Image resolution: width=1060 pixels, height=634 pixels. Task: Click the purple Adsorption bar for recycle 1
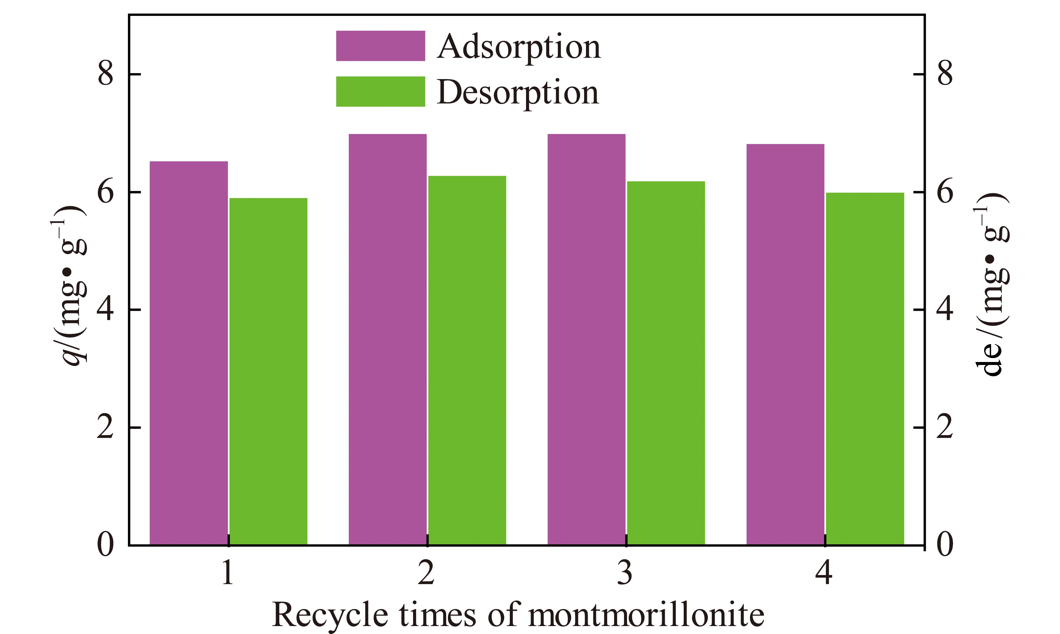click(x=188, y=353)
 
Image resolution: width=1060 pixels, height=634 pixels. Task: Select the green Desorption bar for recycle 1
click(x=268, y=371)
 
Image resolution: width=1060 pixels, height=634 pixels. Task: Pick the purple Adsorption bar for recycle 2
click(x=388, y=339)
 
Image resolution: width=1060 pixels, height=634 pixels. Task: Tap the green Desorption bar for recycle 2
click(x=467, y=360)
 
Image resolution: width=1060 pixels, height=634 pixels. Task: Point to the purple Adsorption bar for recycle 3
click(x=586, y=339)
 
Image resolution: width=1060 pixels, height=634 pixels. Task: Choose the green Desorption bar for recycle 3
click(x=666, y=363)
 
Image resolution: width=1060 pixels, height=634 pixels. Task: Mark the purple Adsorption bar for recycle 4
click(x=785, y=344)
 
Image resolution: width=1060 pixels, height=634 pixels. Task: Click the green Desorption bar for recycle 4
click(x=865, y=368)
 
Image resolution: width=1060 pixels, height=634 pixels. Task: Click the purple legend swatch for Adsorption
click(x=380, y=46)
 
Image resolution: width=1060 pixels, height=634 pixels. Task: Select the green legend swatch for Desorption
click(x=380, y=91)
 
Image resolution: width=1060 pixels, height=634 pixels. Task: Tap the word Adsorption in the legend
click(x=519, y=47)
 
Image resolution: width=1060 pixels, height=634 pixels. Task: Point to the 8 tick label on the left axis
click(x=106, y=73)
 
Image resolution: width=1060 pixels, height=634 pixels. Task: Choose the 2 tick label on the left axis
click(x=106, y=427)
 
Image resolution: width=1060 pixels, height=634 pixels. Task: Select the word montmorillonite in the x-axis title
click(x=646, y=615)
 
